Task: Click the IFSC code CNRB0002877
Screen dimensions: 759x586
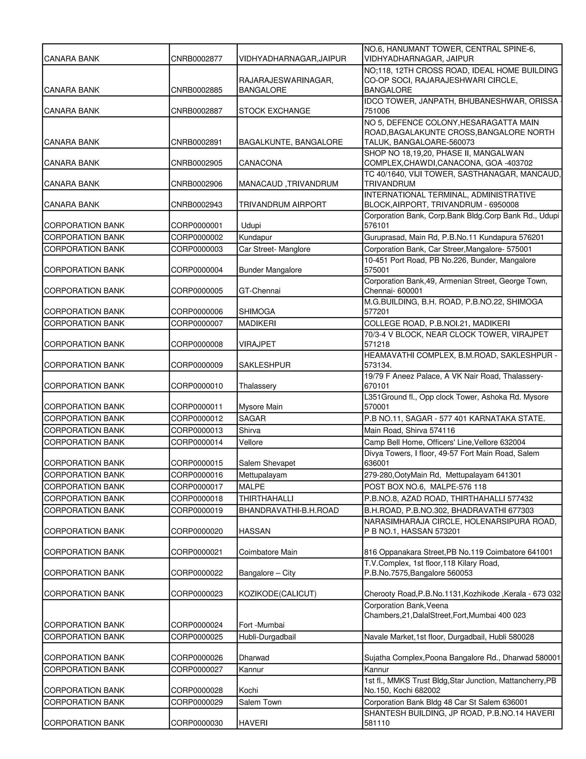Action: (197, 59)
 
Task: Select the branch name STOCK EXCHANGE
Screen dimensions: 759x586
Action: (274, 111)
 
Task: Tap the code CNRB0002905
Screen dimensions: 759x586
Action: (197, 163)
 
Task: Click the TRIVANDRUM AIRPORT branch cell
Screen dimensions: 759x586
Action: (282, 205)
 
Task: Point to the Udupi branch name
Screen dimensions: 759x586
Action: (251, 225)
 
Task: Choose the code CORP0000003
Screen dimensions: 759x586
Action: (197, 249)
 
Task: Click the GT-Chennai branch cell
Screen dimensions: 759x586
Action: (259, 291)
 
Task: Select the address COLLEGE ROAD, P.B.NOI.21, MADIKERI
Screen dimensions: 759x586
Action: (437, 324)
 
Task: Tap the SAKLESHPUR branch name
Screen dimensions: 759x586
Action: (265, 365)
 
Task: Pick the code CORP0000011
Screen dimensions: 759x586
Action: (197, 407)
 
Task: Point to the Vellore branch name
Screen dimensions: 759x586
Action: (250, 443)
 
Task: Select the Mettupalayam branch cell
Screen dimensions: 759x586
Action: (262, 475)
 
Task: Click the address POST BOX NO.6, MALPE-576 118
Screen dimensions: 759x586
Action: (425, 487)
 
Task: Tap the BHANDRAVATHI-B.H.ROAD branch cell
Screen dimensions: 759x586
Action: (288, 510)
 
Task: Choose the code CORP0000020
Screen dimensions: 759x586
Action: (197, 531)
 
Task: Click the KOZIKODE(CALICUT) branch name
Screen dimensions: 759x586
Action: (277, 594)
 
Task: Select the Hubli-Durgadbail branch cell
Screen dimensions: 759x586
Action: (267, 637)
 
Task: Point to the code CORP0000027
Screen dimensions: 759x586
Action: (197, 670)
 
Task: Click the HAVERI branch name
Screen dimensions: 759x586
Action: (253, 723)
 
